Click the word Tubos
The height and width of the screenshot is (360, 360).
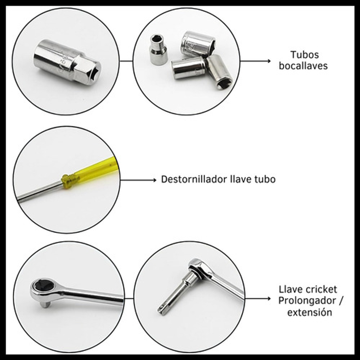(x=305, y=55)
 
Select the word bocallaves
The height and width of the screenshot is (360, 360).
(x=303, y=66)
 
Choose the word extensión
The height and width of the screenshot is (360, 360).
(x=310, y=312)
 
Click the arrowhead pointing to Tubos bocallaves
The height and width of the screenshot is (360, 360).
(x=269, y=61)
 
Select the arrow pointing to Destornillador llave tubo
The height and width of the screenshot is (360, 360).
(x=138, y=180)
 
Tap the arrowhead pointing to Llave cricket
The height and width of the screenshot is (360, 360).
(x=269, y=298)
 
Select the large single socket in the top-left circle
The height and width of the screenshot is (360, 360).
(x=67, y=62)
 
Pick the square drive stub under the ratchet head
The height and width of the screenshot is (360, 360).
(x=45, y=305)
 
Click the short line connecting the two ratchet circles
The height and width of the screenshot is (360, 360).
(x=129, y=298)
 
